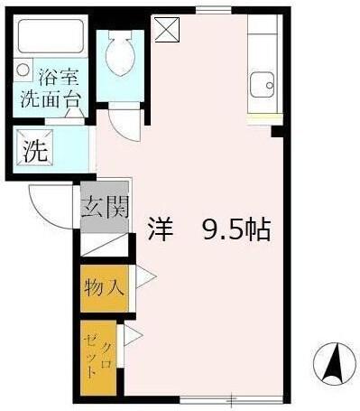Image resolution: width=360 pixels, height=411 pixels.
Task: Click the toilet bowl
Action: [x=118, y=58]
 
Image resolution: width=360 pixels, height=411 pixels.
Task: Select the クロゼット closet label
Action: [x=102, y=357]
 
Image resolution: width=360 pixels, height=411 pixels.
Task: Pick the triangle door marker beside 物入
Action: [x=145, y=278]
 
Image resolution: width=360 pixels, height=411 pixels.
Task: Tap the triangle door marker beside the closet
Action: [x=134, y=338]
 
